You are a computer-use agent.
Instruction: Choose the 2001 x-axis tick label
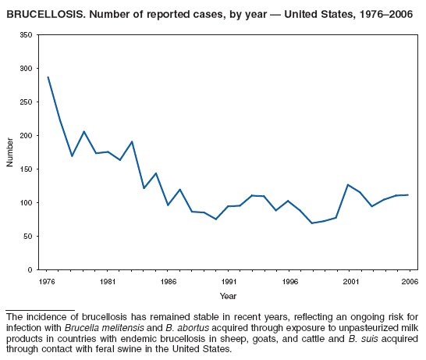[x=351, y=281]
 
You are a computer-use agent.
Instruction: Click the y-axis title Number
[x=10, y=152]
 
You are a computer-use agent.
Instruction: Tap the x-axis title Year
[x=228, y=296]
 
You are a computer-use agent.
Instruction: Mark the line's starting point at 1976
[x=48, y=77]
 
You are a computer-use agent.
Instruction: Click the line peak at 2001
[x=348, y=185]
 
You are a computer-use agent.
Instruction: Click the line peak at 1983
[x=132, y=141]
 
